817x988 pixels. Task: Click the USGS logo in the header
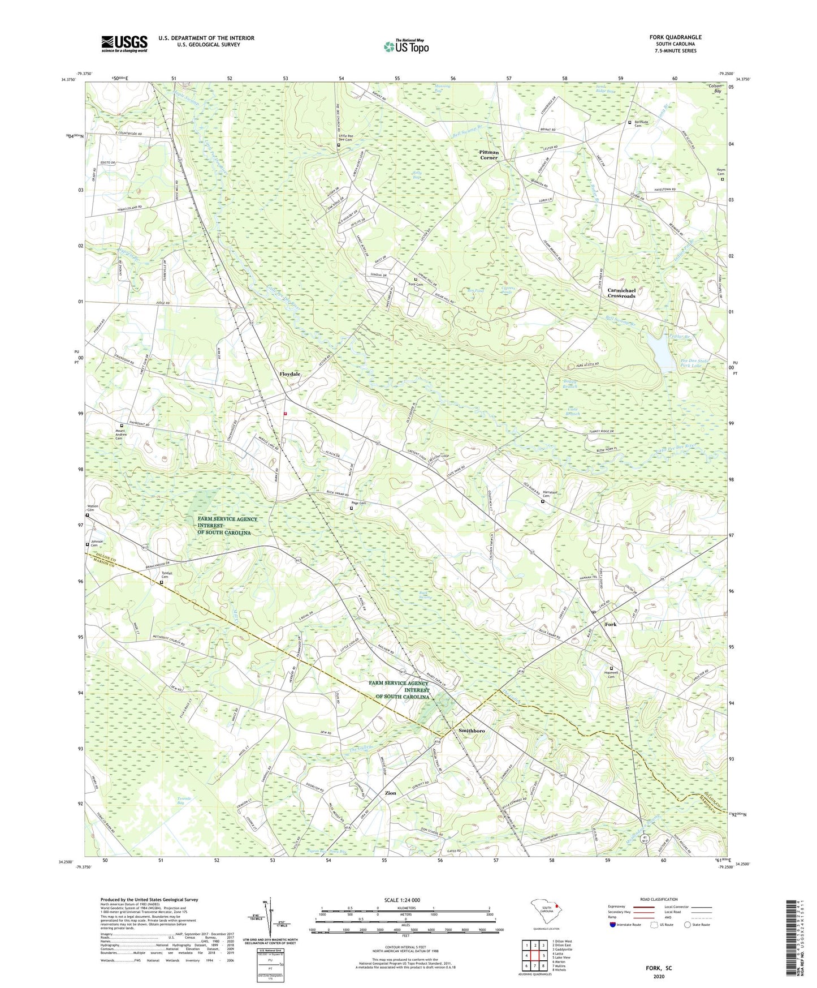pos(124,43)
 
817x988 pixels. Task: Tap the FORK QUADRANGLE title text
pos(675,37)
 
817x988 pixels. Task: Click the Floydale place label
pos(290,374)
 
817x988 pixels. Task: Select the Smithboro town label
pos(472,731)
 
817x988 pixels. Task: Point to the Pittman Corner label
pos(489,154)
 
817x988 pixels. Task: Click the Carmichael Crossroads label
pos(621,293)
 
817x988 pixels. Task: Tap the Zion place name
pos(390,793)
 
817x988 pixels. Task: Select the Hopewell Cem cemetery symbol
pos(611,668)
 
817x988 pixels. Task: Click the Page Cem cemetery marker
pos(351,508)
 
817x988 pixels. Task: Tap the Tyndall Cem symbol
pos(161,582)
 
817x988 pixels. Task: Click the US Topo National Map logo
pos(406,46)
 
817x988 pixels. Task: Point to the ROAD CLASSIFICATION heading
pos(659,899)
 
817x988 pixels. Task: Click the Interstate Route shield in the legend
pos(613,925)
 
